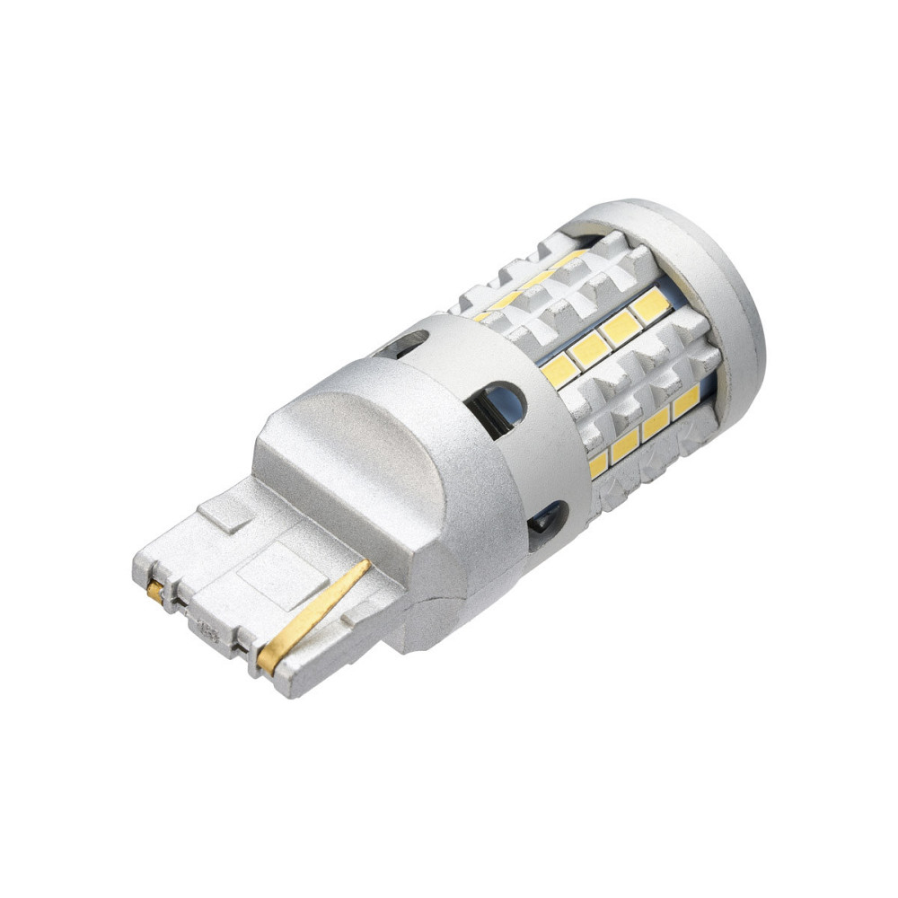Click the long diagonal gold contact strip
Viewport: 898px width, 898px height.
(x=314, y=615)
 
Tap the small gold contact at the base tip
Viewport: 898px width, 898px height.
(x=156, y=592)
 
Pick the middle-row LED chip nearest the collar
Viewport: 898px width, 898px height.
(x=559, y=368)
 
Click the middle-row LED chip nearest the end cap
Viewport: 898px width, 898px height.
(x=650, y=306)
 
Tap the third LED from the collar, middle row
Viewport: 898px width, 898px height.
(x=621, y=328)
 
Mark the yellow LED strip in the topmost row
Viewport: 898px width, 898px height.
(x=530, y=283)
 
